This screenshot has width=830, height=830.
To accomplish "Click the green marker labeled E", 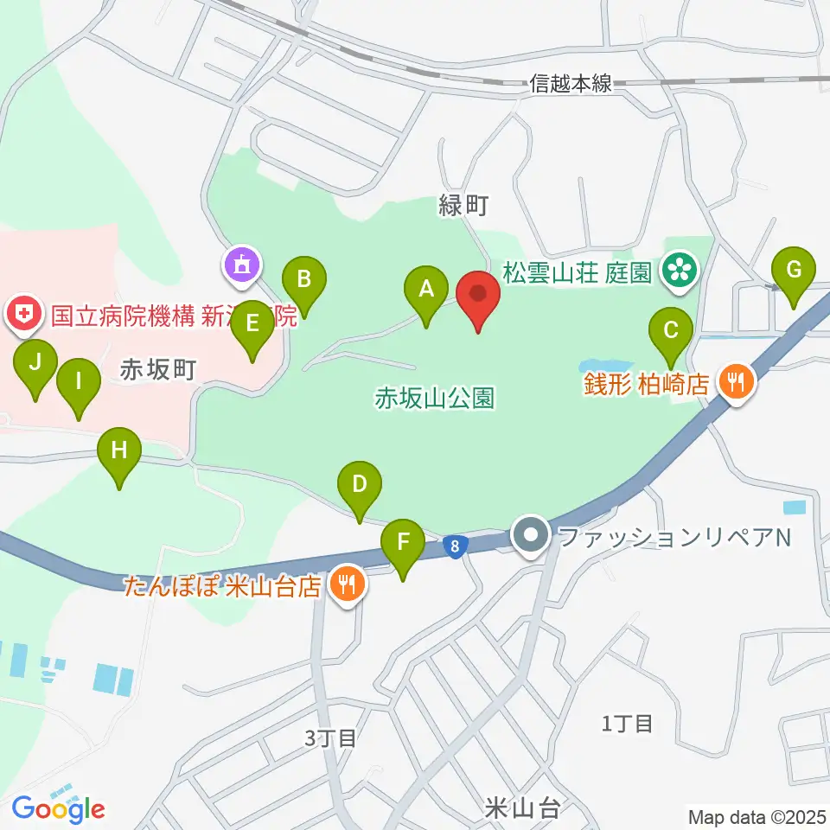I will click(252, 325).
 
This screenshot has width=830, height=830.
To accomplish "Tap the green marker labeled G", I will click(794, 271).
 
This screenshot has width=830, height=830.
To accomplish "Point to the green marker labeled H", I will click(119, 452).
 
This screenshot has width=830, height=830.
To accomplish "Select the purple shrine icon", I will click(241, 263).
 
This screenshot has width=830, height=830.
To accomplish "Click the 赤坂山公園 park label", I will click(434, 399).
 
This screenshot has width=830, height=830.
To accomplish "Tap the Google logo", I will click(59, 809).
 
